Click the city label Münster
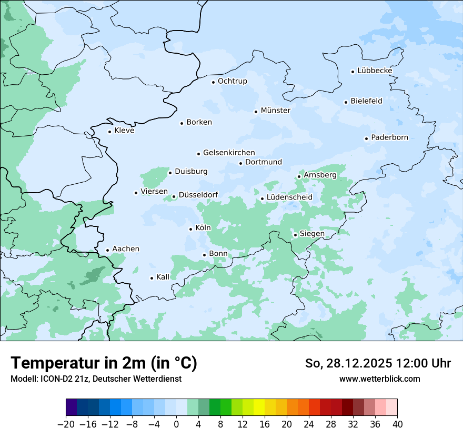point(275,111)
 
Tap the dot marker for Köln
point(190,229)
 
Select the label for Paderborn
point(389,138)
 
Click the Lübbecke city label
point(375,71)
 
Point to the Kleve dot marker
point(109,132)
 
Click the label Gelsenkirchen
point(229,153)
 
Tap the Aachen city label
point(126,249)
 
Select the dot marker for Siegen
point(295,235)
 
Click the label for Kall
point(163,277)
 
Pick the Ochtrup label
point(232,82)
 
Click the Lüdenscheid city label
point(289,197)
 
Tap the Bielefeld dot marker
point(346,102)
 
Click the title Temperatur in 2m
point(104,363)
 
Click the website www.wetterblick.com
point(379,379)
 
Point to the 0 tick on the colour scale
point(176,424)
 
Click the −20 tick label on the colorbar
point(66,424)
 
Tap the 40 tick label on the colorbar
point(397,424)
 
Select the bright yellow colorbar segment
point(259,408)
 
